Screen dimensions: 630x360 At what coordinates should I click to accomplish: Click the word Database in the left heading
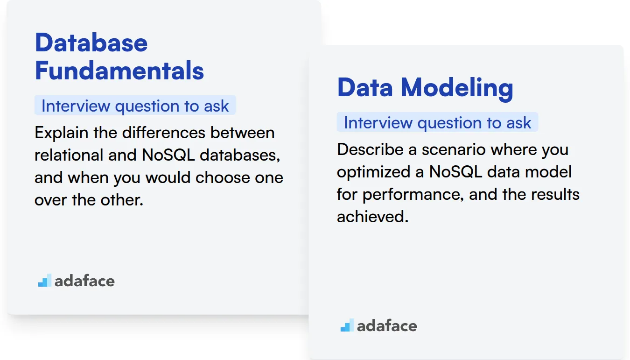[91, 42]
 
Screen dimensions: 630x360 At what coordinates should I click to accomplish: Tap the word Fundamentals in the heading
[119, 71]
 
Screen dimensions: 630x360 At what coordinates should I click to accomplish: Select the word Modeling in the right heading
[457, 88]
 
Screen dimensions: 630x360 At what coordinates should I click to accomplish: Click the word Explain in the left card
[61, 133]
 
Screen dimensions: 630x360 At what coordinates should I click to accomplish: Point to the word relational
[69, 155]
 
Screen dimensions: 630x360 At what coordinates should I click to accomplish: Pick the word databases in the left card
[240, 155]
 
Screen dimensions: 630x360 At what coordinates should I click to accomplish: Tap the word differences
[164, 133]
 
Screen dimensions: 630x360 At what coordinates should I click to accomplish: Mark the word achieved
[373, 217]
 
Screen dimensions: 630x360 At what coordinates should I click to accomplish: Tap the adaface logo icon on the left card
[45, 280]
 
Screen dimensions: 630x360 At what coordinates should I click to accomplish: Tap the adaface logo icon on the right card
[347, 325]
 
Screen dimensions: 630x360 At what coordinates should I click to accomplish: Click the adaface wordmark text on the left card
[84, 281]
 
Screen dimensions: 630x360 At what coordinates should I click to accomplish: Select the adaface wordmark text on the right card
[387, 325]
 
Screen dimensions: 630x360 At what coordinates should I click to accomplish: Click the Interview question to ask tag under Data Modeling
[437, 122]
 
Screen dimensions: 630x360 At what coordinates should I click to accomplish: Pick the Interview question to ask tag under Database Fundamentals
[135, 106]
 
